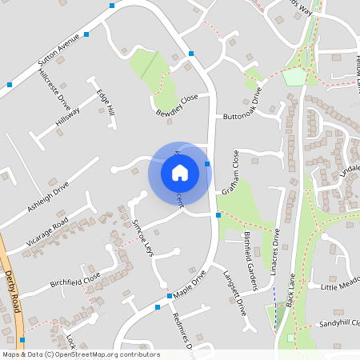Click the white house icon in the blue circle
(179, 171)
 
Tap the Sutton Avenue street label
(59, 50)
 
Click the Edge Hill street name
(106, 101)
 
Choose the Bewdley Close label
(177, 104)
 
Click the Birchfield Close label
(75, 278)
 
